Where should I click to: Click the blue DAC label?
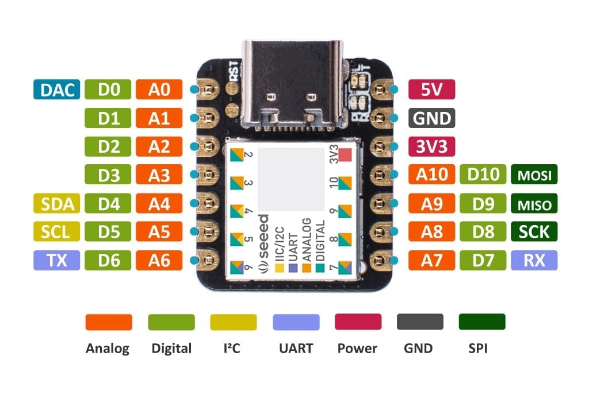[x=56, y=90]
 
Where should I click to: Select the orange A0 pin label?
[x=159, y=90]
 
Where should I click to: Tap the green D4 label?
[x=108, y=203]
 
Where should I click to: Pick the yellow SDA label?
[x=56, y=203]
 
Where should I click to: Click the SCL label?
[x=56, y=232]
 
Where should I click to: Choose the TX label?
[x=56, y=260]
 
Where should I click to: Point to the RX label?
[x=534, y=260]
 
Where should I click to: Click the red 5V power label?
[x=431, y=90]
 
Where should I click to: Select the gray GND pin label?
[x=431, y=118]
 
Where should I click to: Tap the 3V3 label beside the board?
[x=431, y=146]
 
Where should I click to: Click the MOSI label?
[x=534, y=175]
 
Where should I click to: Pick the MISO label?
[x=534, y=204]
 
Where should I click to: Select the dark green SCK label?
[x=534, y=232]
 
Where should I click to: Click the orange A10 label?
[x=431, y=175]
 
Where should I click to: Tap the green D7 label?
[x=483, y=260]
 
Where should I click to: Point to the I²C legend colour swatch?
[x=234, y=322]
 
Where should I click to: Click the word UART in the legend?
[x=296, y=348]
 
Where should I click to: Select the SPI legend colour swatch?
[x=482, y=322]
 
